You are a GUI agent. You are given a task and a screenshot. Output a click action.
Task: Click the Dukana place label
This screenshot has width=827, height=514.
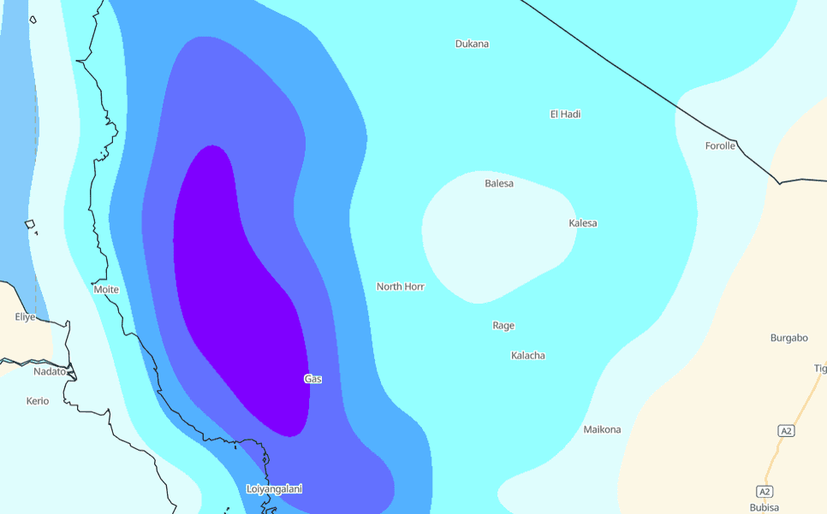coord(472,44)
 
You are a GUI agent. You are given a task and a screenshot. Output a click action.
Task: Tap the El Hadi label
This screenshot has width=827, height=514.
coord(565,114)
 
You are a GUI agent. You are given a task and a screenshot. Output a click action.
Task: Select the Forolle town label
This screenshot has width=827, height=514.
coord(720,145)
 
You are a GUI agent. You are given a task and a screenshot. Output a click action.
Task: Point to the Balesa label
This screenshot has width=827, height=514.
coord(499,183)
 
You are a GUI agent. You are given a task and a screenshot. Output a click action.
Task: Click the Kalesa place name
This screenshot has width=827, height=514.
coord(583,223)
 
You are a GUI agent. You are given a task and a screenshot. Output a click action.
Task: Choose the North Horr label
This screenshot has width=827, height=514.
coord(401,287)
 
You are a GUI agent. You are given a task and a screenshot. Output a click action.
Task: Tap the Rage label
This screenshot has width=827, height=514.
coord(503,325)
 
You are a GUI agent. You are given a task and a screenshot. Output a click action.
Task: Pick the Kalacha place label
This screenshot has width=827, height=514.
coord(528,355)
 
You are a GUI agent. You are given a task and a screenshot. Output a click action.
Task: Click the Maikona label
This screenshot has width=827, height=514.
coord(602,429)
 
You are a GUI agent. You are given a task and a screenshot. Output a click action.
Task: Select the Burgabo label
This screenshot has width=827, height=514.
coord(789,338)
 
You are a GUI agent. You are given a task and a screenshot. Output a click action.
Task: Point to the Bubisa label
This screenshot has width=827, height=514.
coord(765,507)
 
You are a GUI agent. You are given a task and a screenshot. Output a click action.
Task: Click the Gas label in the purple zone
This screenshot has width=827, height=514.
coord(313,378)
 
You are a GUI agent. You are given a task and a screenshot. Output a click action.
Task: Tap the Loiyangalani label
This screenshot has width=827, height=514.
coord(274,489)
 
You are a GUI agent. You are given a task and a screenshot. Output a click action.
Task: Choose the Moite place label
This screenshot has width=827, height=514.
coord(106,289)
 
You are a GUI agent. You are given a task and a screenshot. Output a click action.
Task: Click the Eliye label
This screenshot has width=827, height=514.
coord(26,316)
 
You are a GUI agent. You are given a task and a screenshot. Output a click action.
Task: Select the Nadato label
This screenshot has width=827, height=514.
coord(49,371)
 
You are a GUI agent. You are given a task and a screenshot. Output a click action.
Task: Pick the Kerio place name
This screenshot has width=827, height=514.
coord(38,400)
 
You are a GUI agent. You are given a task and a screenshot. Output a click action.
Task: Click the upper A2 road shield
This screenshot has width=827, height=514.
coord(786,431)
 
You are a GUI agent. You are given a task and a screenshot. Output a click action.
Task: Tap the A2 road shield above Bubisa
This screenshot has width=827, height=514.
coord(765,491)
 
